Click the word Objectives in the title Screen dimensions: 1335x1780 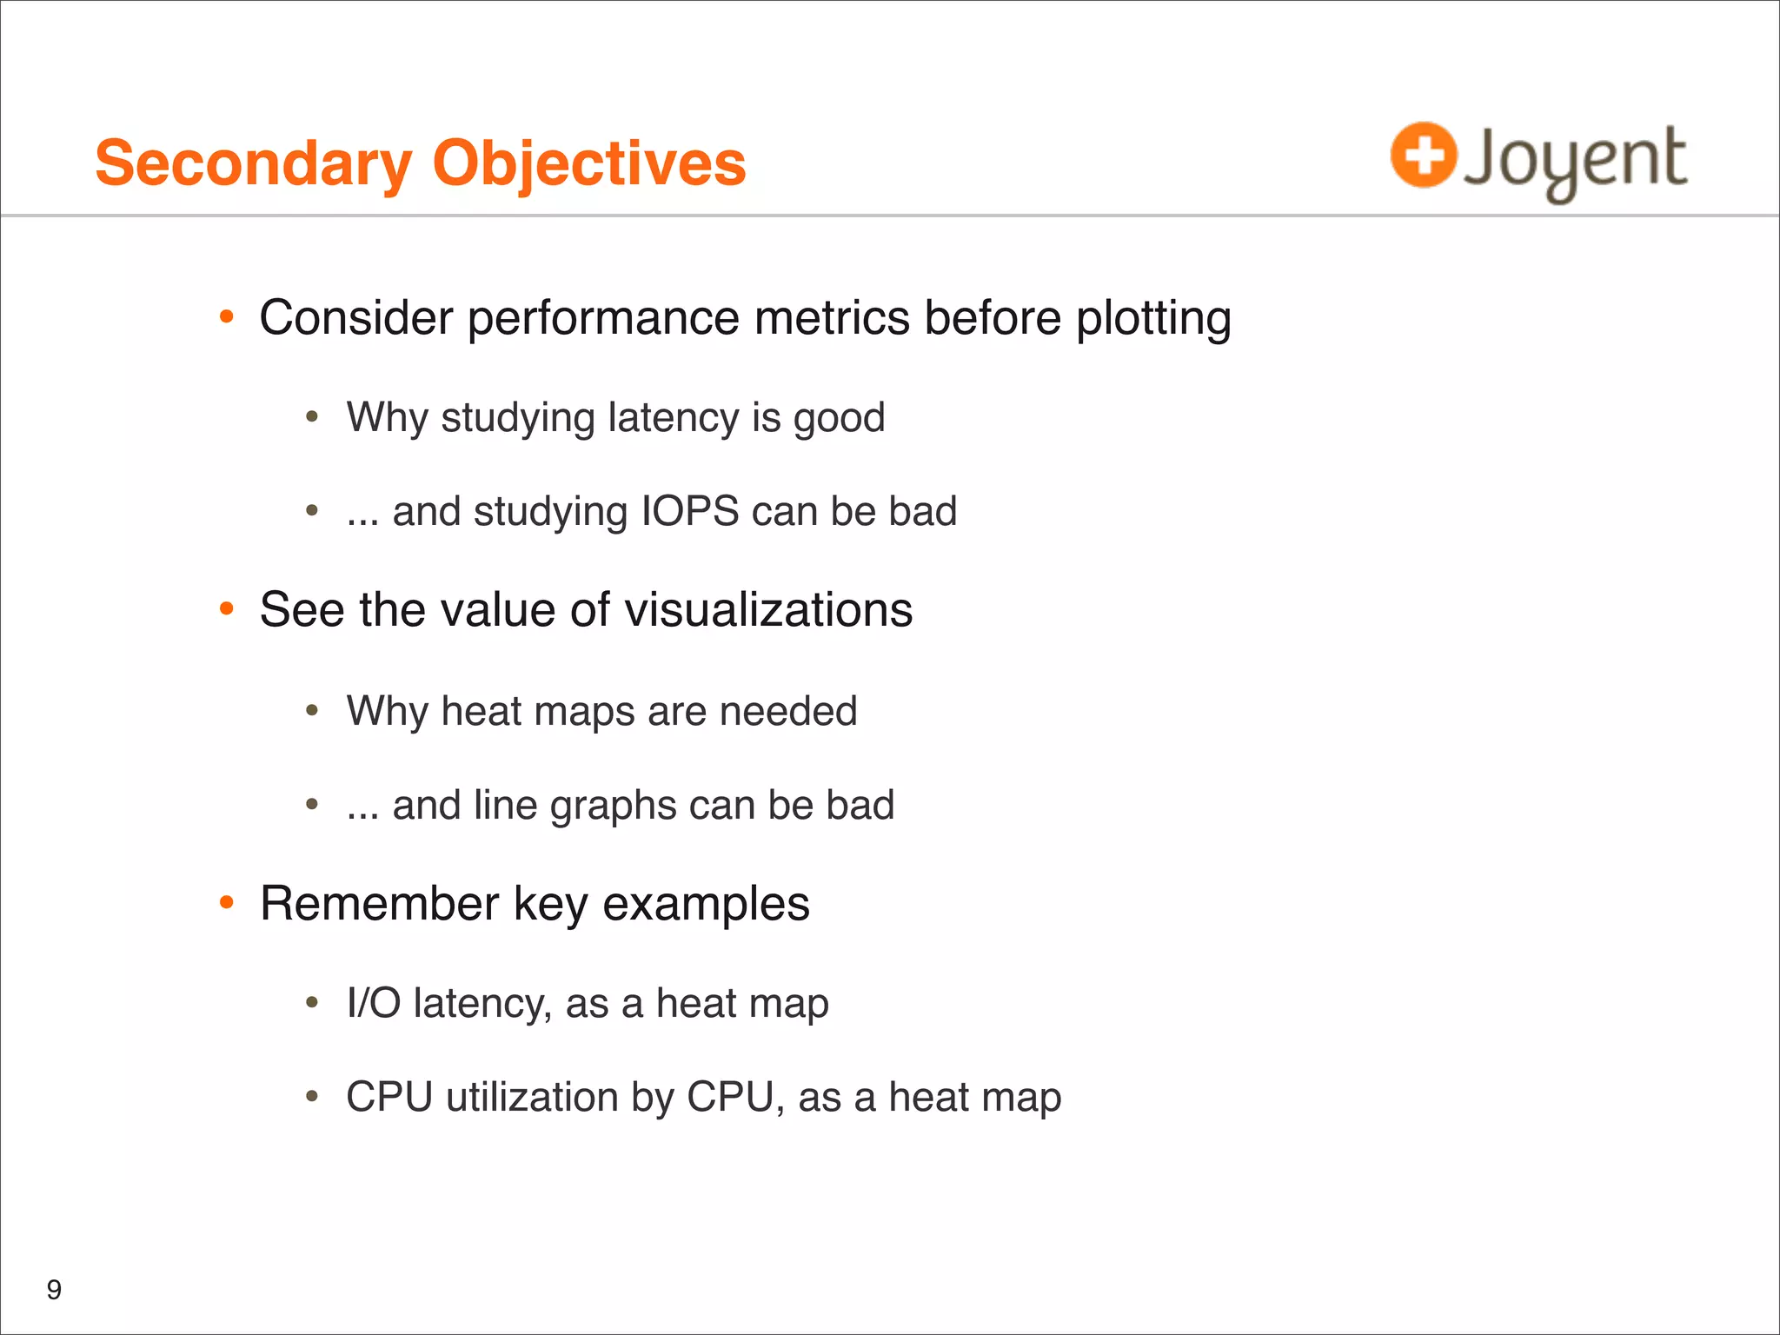pyautogui.click(x=589, y=163)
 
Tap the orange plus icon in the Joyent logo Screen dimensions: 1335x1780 pyautogui.click(x=1423, y=155)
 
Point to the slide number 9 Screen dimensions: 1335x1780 pyautogui.click(x=54, y=1290)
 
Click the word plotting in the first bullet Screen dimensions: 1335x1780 pyautogui.click(x=1153, y=319)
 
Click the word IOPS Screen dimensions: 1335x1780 pyautogui.click(x=690, y=511)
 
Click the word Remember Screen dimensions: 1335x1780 pyautogui.click(x=379, y=904)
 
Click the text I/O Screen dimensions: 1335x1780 pyautogui.click(x=373, y=1003)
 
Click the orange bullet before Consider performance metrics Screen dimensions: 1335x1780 pyautogui.click(x=227, y=317)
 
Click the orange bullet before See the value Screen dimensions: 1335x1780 pyautogui.click(x=227, y=609)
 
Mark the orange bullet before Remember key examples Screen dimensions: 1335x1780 pyautogui.click(x=227, y=903)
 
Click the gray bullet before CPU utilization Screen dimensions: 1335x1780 pyautogui.click(x=313, y=1097)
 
